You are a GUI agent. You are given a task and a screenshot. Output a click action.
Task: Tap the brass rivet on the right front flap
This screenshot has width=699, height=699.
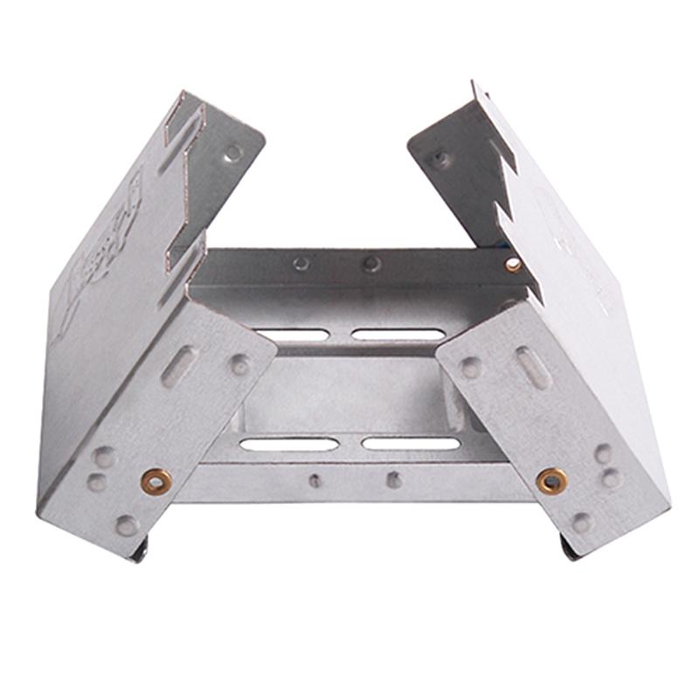coord(551,479)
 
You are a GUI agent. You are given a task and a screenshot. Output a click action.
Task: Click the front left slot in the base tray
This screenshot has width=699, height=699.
coord(288,444)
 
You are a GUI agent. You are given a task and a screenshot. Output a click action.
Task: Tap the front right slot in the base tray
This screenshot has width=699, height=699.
coord(411,443)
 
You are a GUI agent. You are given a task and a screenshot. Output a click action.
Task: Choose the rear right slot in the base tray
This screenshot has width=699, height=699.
coord(398,334)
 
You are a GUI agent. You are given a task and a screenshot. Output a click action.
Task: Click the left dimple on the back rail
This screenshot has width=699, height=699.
coord(301,263)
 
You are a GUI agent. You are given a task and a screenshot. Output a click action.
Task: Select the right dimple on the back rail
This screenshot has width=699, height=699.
coord(372,262)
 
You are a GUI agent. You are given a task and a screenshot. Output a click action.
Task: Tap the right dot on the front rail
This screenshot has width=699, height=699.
coord(394,479)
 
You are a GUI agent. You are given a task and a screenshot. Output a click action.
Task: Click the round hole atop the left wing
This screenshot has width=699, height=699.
coord(233,153)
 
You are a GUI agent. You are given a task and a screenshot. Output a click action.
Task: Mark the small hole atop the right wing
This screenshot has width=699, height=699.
coord(442,160)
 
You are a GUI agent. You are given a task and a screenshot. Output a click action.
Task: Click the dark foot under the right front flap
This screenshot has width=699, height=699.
coord(568,548)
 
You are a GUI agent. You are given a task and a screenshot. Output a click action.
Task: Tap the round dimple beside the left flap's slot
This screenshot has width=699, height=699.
coord(239,364)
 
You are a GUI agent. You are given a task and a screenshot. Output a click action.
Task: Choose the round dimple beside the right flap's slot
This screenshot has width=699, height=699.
coord(472,366)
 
